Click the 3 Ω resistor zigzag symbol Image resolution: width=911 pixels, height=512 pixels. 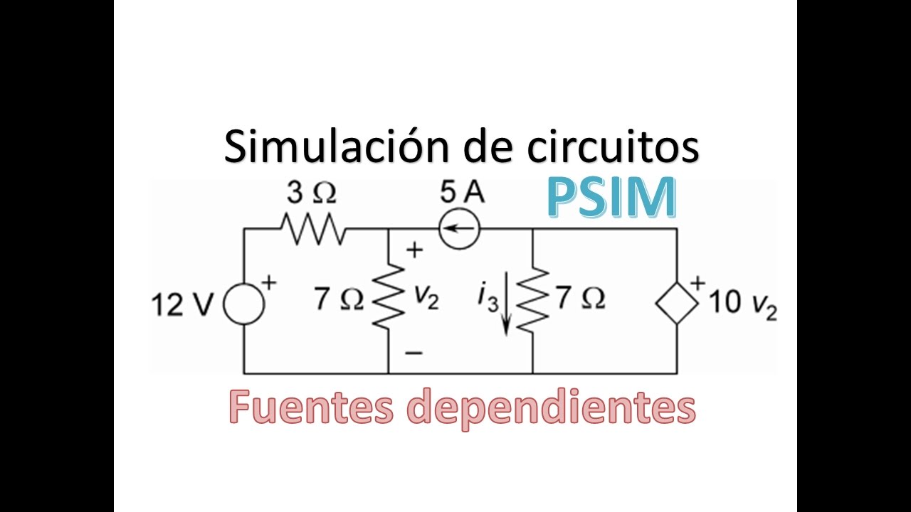312,229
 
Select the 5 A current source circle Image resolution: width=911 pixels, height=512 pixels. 459,229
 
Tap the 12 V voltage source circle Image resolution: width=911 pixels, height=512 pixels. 243,305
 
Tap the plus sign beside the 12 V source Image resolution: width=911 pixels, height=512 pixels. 269,282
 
